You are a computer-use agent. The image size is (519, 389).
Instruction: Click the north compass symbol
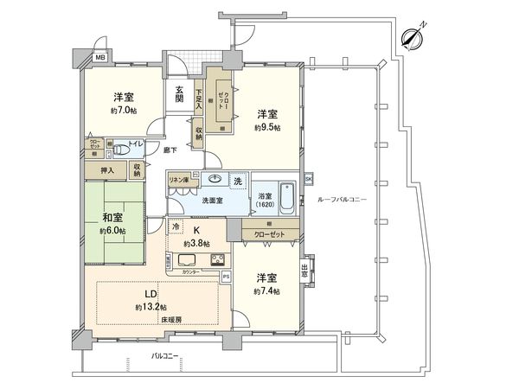(x=413, y=38)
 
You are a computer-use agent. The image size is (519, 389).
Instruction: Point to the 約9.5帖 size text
(x=266, y=127)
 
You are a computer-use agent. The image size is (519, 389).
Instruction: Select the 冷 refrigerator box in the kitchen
(x=176, y=227)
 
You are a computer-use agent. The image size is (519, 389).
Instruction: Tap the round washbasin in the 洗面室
(x=234, y=182)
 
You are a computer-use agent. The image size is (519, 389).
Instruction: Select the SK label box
(x=309, y=178)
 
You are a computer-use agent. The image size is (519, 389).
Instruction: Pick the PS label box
(x=226, y=277)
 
